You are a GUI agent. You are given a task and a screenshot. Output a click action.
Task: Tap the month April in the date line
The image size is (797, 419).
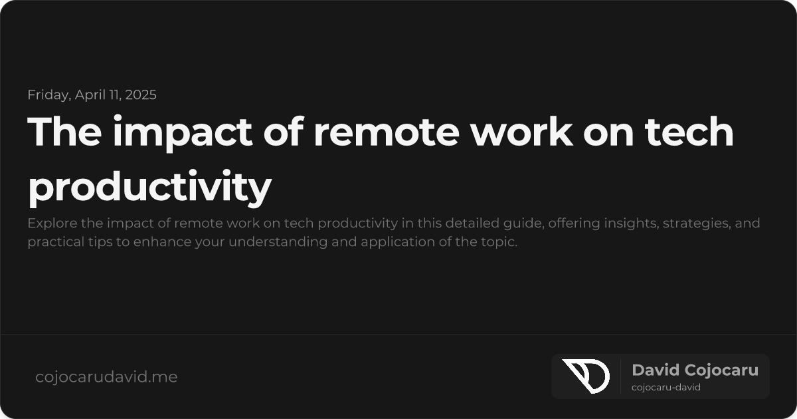click(x=90, y=94)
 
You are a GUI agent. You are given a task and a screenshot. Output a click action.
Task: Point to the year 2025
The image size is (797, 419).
click(x=140, y=94)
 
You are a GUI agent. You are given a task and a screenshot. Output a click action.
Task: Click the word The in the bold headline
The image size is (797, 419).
click(x=64, y=132)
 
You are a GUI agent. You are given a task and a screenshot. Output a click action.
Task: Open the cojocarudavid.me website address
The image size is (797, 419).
click(x=106, y=377)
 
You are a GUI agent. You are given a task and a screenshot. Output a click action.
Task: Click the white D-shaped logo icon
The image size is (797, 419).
click(x=585, y=376)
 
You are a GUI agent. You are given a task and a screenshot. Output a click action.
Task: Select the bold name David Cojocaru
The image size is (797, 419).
click(x=695, y=370)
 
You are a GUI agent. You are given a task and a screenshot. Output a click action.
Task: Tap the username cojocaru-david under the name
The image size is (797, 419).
click(x=666, y=388)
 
